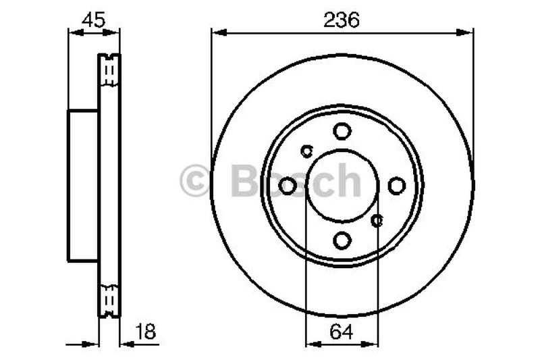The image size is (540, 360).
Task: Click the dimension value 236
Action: (342, 20)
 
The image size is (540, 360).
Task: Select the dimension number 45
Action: (93, 20)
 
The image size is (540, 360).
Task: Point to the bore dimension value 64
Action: (342, 332)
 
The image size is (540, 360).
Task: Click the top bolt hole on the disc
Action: (342, 131)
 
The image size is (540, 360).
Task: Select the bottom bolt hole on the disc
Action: (342, 240)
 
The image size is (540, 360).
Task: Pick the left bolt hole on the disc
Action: (288, 185)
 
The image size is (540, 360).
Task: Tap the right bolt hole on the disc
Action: (396, 185)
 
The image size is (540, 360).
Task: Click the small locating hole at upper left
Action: (307, 150)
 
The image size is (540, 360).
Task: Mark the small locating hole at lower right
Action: (378, 220)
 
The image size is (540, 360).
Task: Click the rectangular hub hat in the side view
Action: (84, 185)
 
